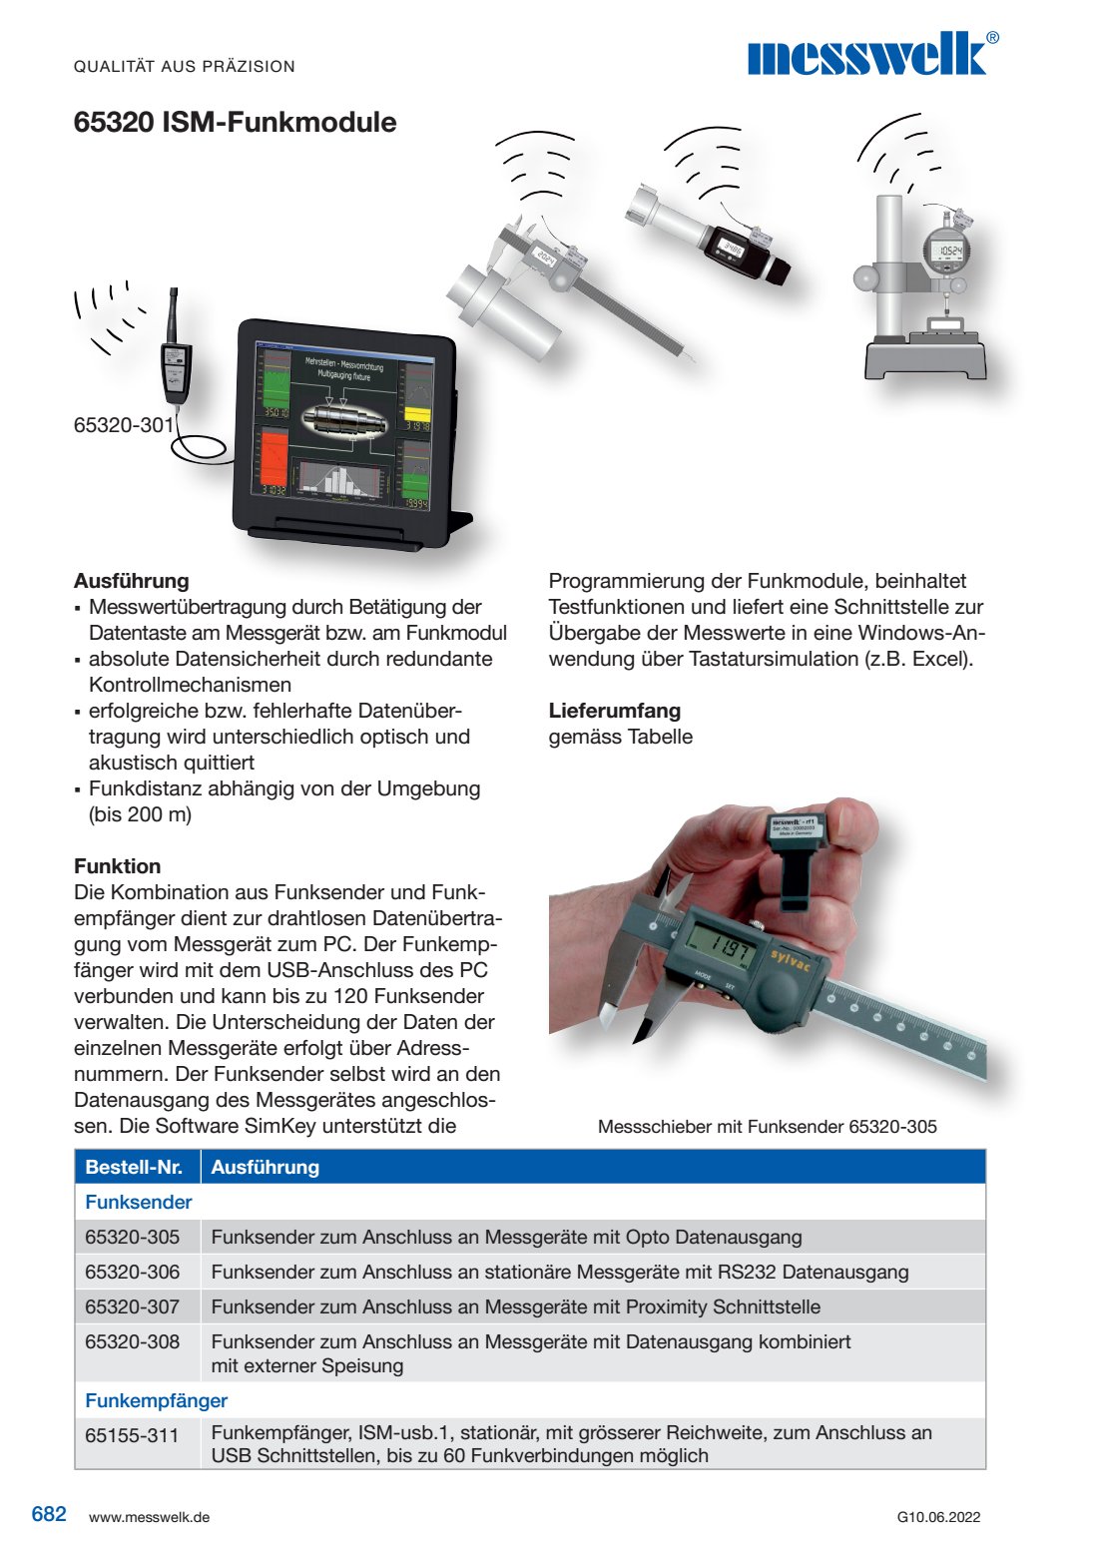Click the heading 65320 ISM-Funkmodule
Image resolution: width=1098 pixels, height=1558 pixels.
(x=235, y=123)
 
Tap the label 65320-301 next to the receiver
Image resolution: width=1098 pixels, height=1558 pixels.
(x=123, y=425)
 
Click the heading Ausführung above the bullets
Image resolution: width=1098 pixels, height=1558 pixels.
(x=131, y=581)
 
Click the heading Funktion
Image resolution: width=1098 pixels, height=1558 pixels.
(x=117, y=866)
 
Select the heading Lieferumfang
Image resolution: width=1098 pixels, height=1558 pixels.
(x=614, y=711)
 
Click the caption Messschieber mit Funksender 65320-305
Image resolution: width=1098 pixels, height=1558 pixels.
(x=767, y=1127)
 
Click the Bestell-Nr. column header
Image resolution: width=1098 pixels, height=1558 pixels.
(x=134, y=1167)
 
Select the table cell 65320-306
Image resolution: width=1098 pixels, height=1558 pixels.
(x=133, y=1272)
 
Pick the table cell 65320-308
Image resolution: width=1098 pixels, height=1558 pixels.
(x=133, y=1341)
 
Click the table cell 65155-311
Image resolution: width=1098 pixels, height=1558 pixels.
(x=132, y=1435)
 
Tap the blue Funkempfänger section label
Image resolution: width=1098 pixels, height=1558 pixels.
(x=156, y=1400)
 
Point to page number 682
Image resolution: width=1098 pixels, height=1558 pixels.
(x=49, y=1514)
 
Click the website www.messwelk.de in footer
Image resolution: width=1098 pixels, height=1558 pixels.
(x=149, y=1517)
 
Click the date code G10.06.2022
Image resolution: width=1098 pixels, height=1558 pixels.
(x=938, y=1517)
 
